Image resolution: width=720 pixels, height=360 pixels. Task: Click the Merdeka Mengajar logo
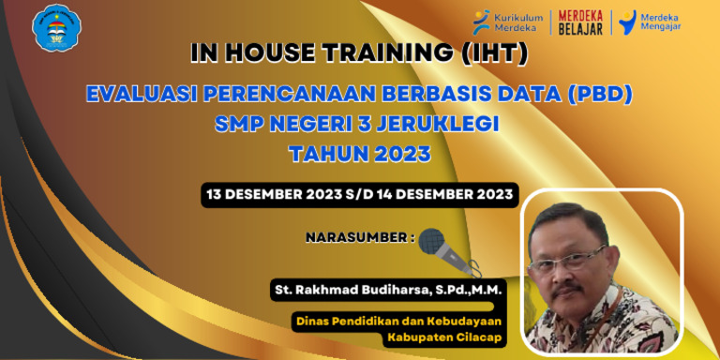coord(650,22)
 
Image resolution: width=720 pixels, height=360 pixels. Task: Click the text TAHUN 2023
coord(359,152)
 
